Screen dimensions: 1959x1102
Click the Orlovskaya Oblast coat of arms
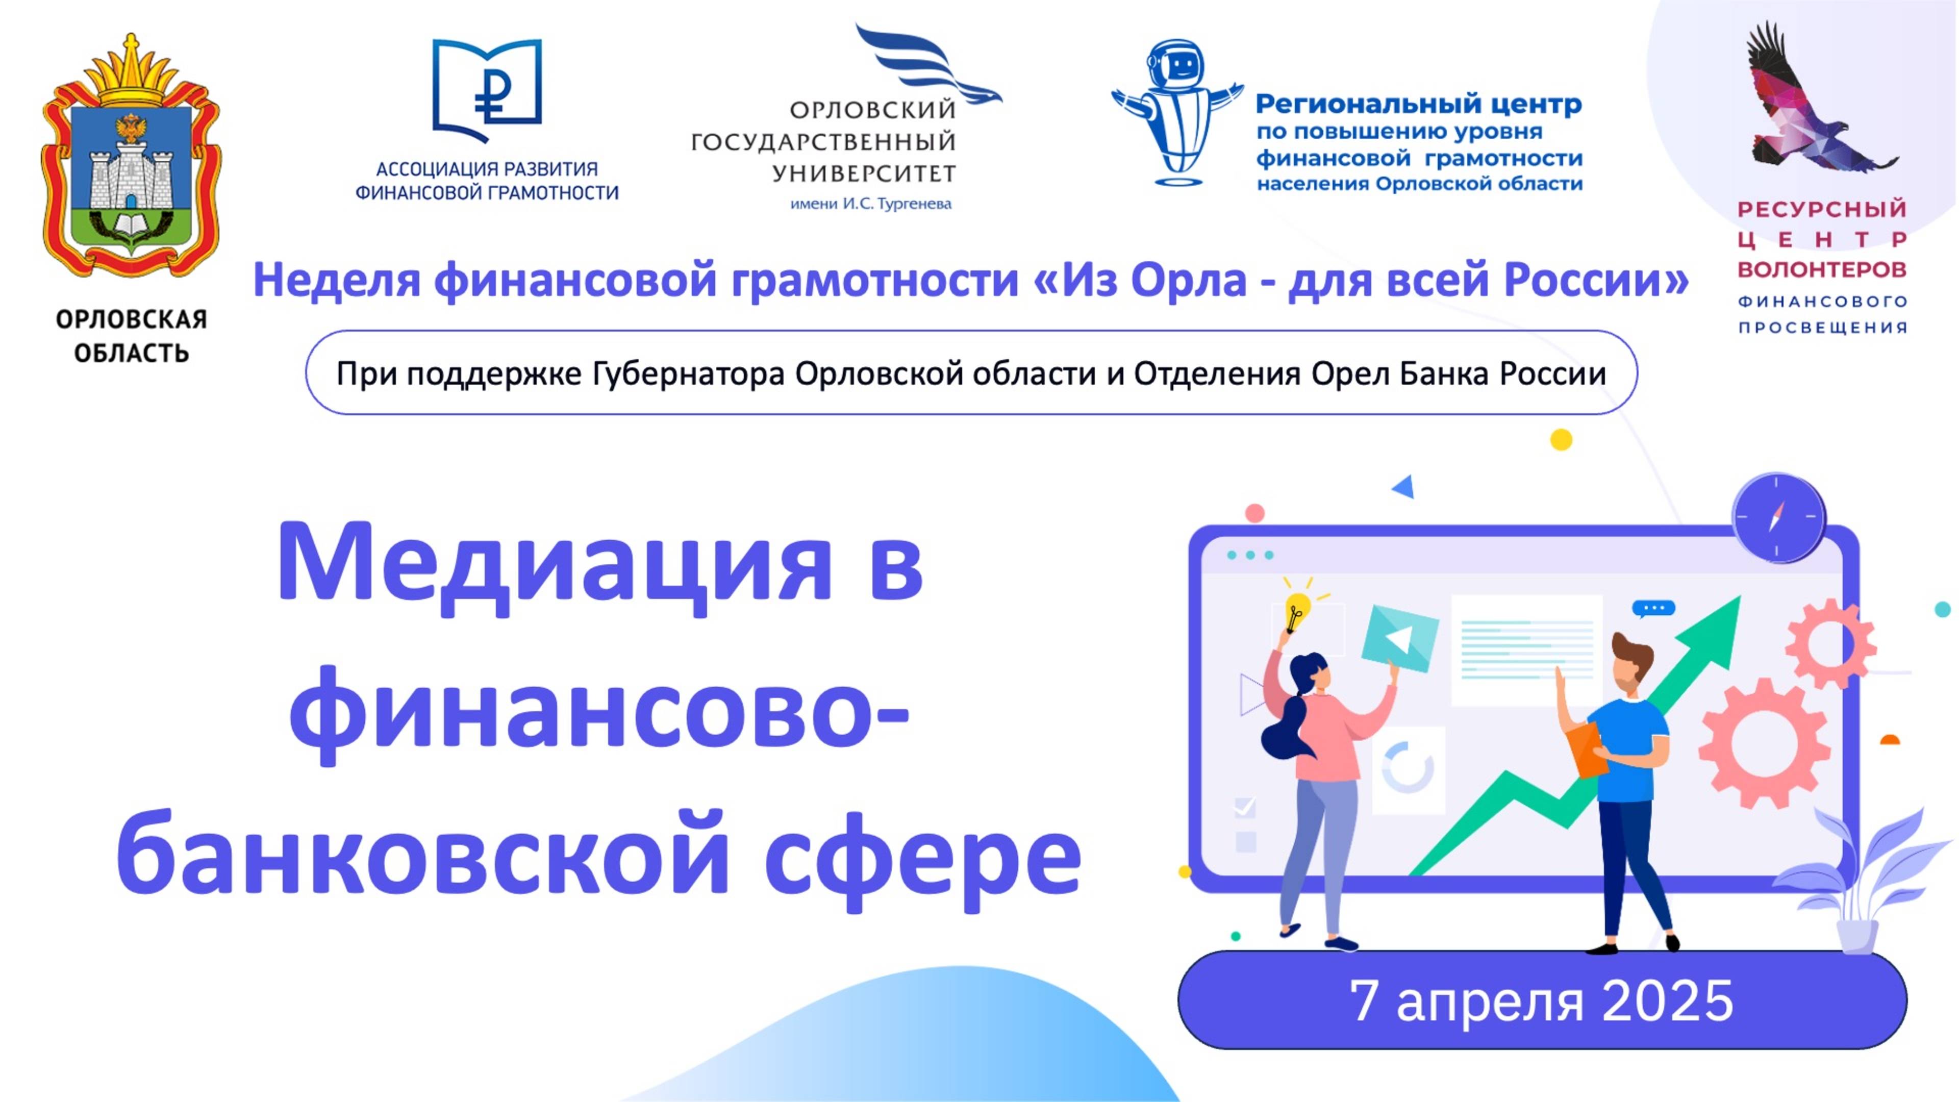(x=131, y=156)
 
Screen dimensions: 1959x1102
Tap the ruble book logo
(x=487, y=90)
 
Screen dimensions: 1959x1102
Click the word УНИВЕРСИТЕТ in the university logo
(x=864, y=174)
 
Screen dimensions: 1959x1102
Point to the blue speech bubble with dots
(x=1653, y=609)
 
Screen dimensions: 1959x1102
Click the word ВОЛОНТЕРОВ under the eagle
(x=1822, y=270)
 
